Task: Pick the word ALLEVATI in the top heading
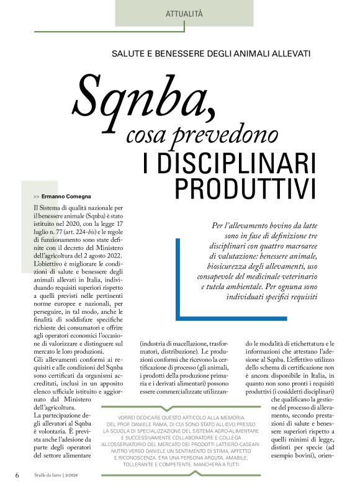pyautogui.click(x=288, y=54)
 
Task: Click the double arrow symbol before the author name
pyautogui.click(x=36, y=196)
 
